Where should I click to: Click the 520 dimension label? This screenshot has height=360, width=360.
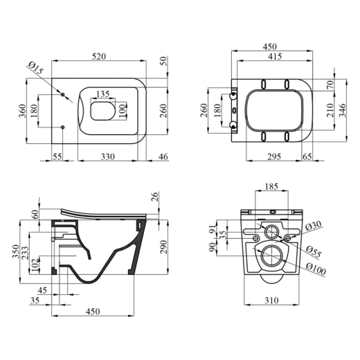(99, 57)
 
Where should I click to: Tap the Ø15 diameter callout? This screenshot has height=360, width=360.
(36, 69)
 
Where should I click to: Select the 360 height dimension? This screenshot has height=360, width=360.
(23, 111)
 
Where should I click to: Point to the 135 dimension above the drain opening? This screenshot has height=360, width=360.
(102, 94)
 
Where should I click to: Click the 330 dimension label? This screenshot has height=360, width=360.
(108, 157)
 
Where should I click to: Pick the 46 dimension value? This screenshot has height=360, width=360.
(163, 157)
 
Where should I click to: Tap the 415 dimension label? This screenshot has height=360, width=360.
(275, 57)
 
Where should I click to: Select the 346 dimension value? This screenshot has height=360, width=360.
(343, 111)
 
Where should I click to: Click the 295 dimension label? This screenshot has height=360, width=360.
(274, 157)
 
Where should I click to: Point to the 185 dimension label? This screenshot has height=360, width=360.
(271, 186)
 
